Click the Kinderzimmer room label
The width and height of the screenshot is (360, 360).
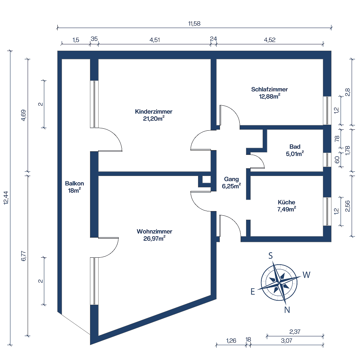click(x=154, y=112)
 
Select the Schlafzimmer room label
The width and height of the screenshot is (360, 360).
click(x=269, y=89)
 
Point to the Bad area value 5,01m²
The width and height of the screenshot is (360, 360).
click(x=295, y=154)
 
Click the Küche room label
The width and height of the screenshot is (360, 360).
click(x=286, y=202)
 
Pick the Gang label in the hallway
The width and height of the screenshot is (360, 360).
click(x=231, y=179)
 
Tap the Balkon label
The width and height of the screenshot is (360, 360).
click(x=74, y=183)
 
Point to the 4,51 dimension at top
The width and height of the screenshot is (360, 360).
click(x=155, y=40)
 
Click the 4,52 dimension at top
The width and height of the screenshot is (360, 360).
click(x=269, y=40)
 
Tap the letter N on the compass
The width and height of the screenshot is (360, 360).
click(x=287, y=310)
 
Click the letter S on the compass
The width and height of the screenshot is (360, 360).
click(x=271, y=256)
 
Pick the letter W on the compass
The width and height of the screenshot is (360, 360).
click(x=306, y=275)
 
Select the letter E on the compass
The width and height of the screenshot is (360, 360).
click(x=253, y=292)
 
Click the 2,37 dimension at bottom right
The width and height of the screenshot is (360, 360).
click(x=295, y=332)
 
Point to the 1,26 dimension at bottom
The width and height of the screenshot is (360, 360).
click(x=231, y=341)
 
